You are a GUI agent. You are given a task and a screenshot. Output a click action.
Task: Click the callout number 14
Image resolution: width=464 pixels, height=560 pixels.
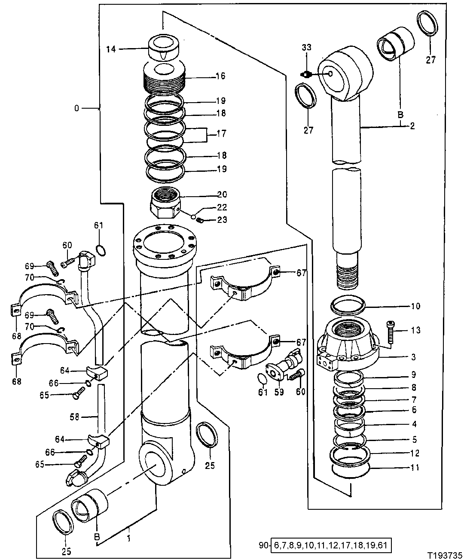click(111, 49)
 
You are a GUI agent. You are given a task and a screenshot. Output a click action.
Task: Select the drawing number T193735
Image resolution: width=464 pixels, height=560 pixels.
click(445, 554)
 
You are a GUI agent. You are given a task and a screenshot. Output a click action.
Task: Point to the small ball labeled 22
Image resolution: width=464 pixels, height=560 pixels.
click(194, 216)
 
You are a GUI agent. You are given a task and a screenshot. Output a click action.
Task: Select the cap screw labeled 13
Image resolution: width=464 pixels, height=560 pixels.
click(391, 332)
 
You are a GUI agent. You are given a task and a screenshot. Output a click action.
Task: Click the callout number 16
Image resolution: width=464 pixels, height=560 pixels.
click(220, 76)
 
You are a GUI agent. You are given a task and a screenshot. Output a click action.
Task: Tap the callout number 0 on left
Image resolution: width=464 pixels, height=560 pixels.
click(76, 108)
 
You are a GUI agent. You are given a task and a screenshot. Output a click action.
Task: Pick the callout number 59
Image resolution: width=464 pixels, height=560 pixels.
click(279, 392)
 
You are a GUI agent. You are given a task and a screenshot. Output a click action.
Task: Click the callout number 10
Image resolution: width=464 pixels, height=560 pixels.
click(416, 306)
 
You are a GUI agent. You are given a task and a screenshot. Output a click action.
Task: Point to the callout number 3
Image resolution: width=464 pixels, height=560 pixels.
click(413, 357)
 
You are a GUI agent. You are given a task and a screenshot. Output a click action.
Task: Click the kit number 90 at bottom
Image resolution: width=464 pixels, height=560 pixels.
click(263, 546)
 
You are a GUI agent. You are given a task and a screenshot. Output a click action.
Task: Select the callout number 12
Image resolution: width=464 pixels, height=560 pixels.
click(414, 453)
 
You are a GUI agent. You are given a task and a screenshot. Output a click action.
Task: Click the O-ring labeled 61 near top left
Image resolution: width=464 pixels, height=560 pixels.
click(99, 250)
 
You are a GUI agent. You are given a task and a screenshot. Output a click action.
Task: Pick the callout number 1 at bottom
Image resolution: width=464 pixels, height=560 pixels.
click(129, 526)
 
